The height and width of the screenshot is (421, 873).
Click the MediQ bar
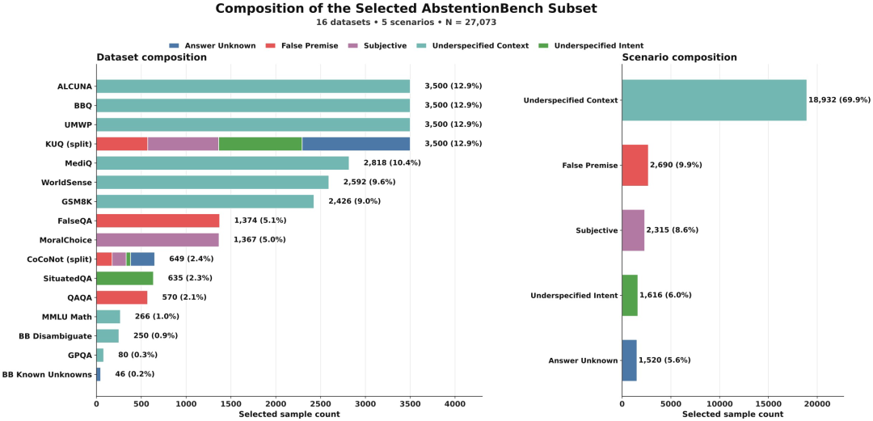pos(223,162)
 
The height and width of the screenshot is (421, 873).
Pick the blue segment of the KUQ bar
pos(356,144)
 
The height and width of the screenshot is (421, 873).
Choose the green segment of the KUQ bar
pos(260,144)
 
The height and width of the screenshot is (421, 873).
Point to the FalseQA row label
pos(74,221)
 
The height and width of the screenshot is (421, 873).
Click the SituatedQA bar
pos(124,278)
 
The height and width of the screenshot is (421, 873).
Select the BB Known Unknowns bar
pos(99,374)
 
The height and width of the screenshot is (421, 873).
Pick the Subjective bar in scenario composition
pos(633,230)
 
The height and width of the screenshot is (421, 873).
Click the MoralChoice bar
pos(158,239)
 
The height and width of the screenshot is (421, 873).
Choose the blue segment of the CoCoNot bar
pos(142,259)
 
